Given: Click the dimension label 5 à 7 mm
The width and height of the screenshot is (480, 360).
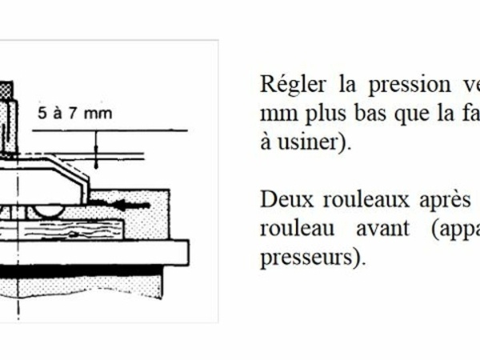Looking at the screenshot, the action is tap(75, 114).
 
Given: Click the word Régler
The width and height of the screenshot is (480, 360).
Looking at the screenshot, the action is tap(293, 85).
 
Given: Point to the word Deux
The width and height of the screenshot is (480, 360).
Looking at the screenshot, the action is tap(287, 200).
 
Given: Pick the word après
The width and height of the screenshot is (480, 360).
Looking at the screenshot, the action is tap(445, 201).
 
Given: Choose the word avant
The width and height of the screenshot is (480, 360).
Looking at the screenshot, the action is tap(382, 230).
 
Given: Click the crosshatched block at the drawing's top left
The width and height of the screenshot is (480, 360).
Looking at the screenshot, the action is tap(6, 90).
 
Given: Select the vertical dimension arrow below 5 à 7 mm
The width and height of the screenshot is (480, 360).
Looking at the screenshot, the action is tap(96, 150).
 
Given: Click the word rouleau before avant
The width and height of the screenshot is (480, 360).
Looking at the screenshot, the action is tap(297, 229).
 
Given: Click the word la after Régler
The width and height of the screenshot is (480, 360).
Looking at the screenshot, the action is tap(347, 85).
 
